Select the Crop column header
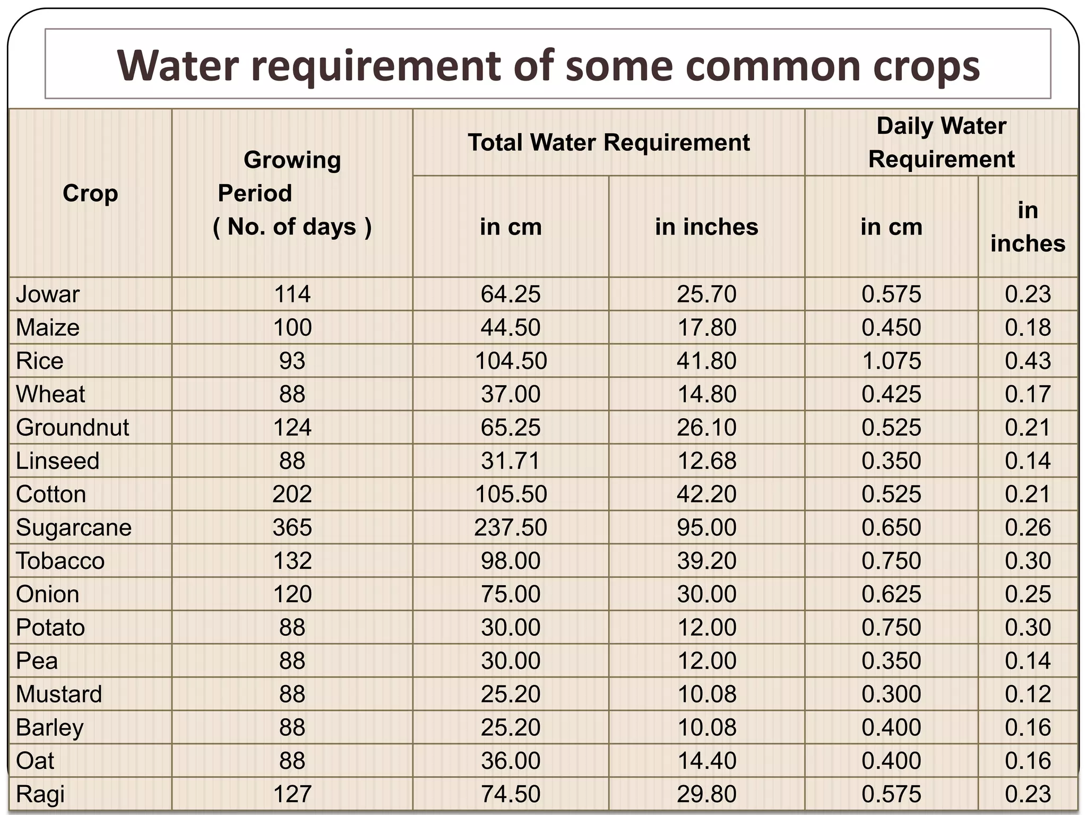click(x=90, y=193)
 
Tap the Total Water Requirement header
click(x=608, y=142)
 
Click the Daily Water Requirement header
click(x=941, y=142)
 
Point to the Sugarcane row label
click(x=74, y=527)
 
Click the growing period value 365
click(x=292, y=527)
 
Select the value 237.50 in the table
click(x=510, y=527)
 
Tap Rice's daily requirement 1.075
click(x=891, y=361)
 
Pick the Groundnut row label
click(x=72, y=428)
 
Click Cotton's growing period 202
click(x=292, y=495)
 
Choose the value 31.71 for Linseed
click(x=510, y=461)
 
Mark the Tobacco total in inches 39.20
click(x=706, y=561)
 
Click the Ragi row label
click(x=40, y=794)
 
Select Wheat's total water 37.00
click(x=510, y=394)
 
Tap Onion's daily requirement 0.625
click(x=891, y=594)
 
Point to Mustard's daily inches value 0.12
click(x=1028, y=694)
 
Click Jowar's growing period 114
click(x=292, y=294)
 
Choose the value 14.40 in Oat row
click(x=706, y=761)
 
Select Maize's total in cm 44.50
click(x=510, y=327)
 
